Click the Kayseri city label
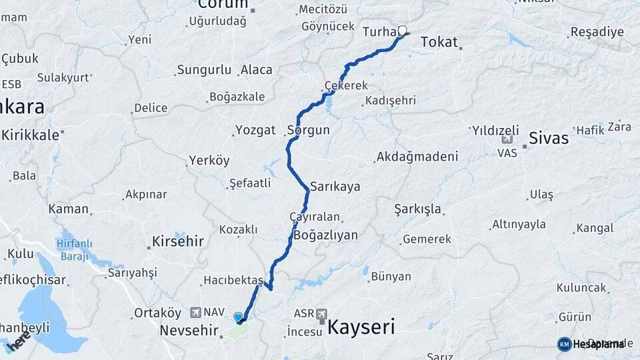[361, 327]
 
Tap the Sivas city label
[549, 138]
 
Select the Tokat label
[439, 43]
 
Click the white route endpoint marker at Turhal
[402, 30]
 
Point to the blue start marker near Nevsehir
[238, 317]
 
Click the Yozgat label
[256, 130]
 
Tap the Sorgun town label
[308, 130]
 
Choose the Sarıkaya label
[335, 187]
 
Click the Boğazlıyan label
[325, 235]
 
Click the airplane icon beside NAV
[195, 311]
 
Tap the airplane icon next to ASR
[323, 313]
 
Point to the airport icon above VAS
[507, 140]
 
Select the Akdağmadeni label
[417, 157]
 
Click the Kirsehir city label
[178, 241]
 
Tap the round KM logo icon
[564, 344]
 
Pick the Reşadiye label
[597, 32]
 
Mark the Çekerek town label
[346, 87]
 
